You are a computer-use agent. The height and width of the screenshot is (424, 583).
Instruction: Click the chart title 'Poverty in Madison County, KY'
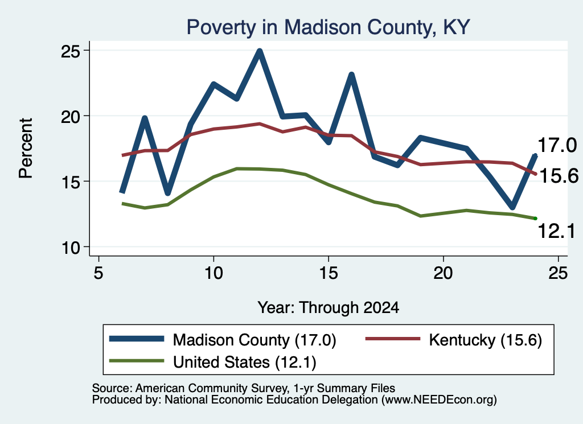(x=329, y=27)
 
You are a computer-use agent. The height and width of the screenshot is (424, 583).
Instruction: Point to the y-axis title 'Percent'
(x=26, y=149)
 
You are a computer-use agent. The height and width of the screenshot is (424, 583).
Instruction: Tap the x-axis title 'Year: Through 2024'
(x=329, y=308)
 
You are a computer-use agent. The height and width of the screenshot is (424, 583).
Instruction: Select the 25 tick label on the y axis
(x=71, y=52)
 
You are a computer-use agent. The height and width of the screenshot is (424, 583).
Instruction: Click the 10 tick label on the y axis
(x=71, y=248)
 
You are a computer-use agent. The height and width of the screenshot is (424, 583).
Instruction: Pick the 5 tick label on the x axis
(x=98, y=273)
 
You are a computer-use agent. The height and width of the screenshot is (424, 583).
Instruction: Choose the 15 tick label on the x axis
(x=329, y=273)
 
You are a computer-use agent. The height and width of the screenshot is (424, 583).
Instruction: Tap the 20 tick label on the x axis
(x=443, y=273)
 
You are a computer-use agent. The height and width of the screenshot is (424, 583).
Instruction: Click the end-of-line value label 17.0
(x=557, y=145)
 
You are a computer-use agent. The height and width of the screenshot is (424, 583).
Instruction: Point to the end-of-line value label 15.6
(x=559, y=175)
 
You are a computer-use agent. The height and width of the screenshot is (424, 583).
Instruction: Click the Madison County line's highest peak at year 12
(x=260, y=51)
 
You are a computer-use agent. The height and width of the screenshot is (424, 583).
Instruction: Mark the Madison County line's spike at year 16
(x=351, y=75)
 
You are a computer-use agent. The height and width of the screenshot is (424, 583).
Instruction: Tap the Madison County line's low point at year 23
(x=512, y=207)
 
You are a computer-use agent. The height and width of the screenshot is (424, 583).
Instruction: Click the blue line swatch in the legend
(x=137, y=339)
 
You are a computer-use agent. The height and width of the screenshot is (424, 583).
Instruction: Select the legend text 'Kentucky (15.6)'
(x=486, y=340)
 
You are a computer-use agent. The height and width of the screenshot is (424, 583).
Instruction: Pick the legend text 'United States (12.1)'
(x=245, y=363)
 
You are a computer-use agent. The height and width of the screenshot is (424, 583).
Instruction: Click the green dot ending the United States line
(x=535, y=219)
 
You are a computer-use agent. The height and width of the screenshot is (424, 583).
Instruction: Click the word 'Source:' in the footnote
(x=112, y=388)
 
